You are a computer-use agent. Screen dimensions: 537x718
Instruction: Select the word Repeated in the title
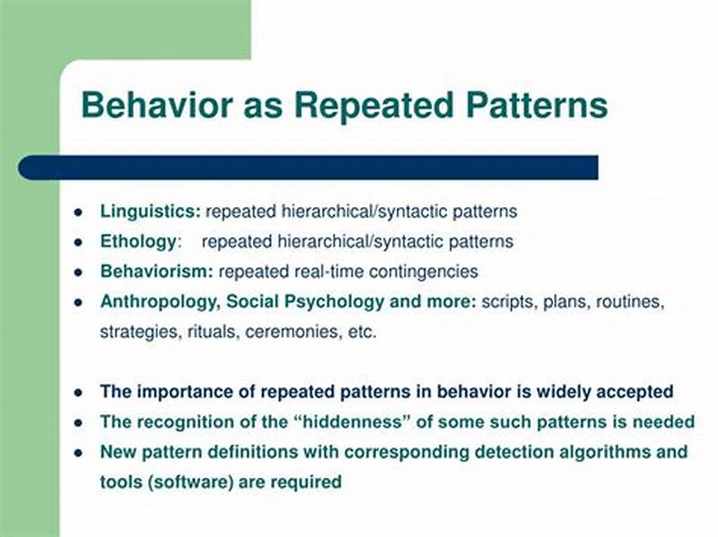370,106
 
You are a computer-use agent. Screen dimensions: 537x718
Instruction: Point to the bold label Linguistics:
150,212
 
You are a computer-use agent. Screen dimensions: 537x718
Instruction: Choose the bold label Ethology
138,241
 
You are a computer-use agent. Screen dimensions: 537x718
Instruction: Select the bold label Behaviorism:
156,271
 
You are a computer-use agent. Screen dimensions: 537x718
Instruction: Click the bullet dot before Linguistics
78,213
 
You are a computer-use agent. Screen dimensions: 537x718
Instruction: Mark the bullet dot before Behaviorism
78,272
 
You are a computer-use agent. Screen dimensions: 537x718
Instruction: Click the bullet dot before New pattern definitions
78,452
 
